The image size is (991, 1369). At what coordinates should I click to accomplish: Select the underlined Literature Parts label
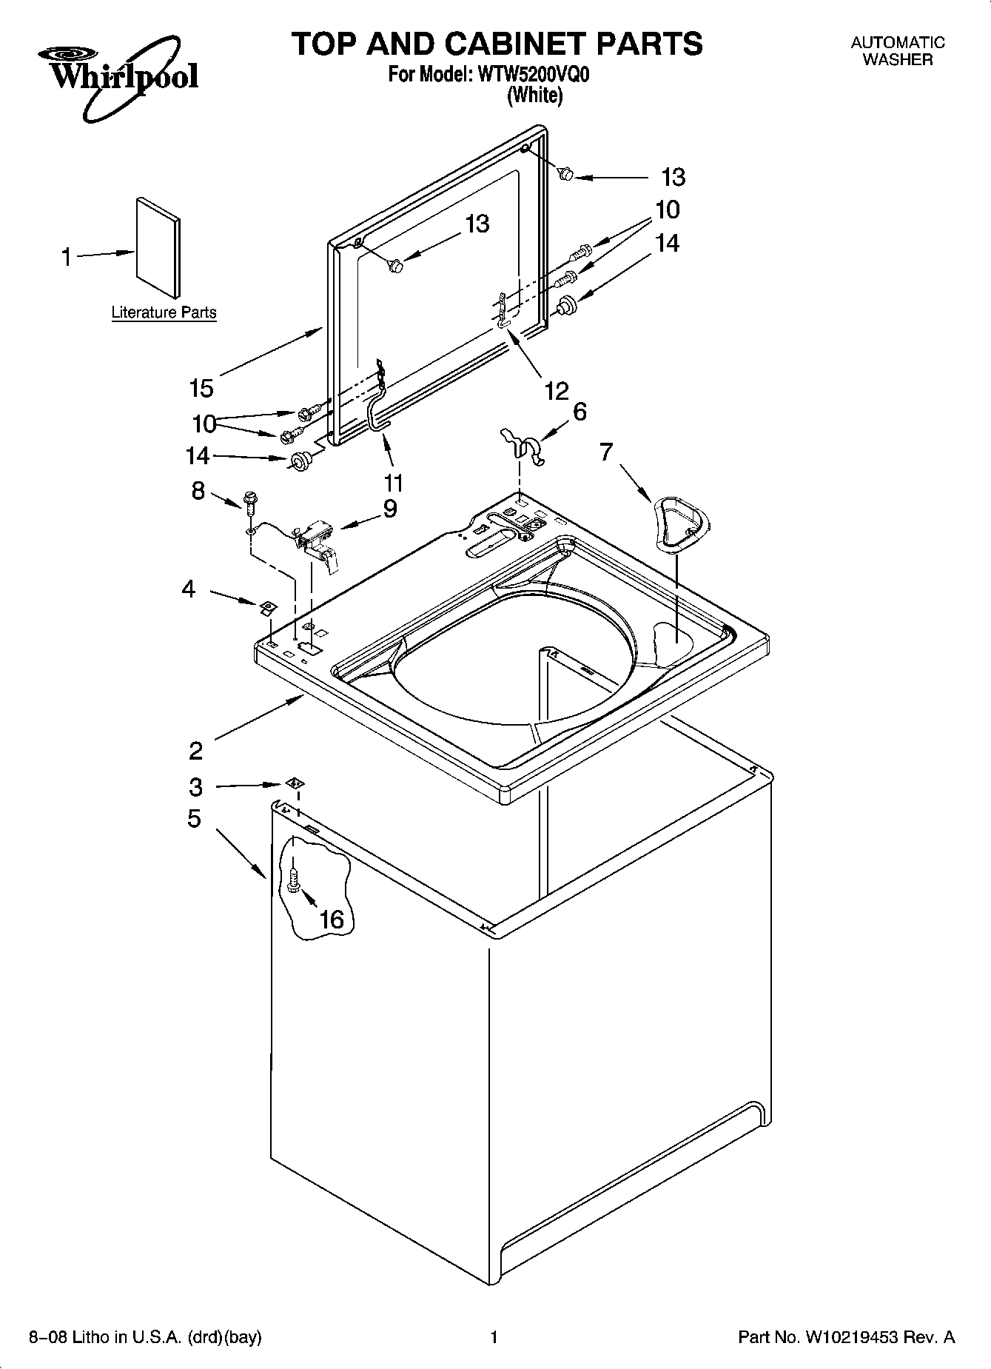(164, 312)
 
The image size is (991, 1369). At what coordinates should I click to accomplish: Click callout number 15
(201, 387)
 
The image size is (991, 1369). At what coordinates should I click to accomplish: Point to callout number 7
(606, 451)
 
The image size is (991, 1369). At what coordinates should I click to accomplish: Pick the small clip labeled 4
(266, 608)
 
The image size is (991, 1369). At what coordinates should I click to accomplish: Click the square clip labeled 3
(294, 783)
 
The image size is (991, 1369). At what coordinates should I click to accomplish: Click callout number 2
(195, 751)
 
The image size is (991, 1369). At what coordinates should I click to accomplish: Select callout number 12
(556, 390)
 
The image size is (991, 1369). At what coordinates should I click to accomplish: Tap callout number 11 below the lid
(393, 483)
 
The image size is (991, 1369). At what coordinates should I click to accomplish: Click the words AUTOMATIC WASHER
(898, 51)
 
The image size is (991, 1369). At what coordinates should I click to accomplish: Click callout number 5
(194, 819)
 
